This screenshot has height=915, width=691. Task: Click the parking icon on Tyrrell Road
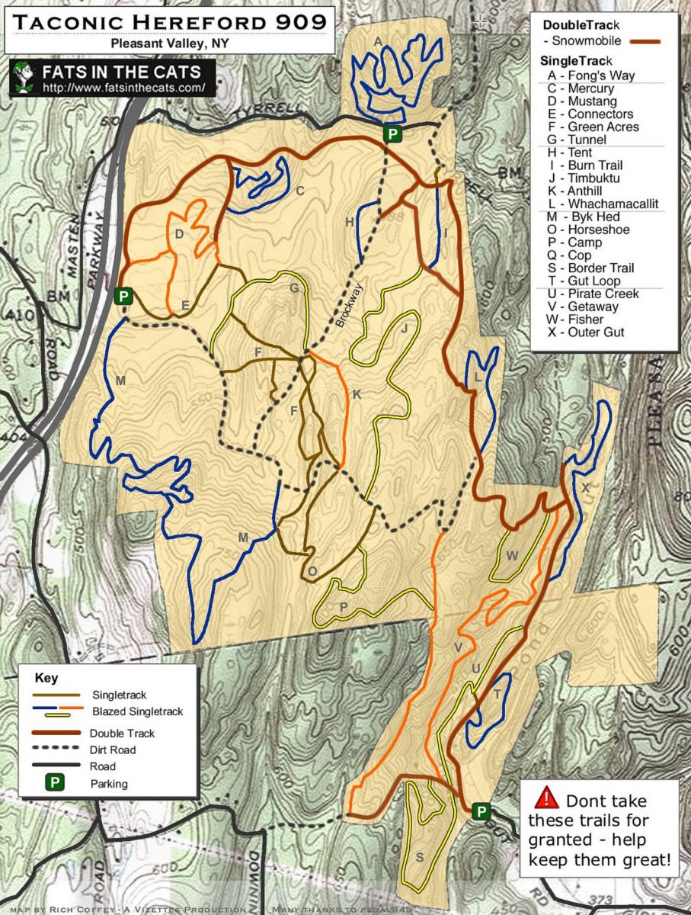392,135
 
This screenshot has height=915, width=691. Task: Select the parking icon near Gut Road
481,811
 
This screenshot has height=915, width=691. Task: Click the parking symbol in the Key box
55,782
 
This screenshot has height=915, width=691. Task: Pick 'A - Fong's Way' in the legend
590,75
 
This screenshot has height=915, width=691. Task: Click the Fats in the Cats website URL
124,88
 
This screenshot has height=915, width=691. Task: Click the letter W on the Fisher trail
512,556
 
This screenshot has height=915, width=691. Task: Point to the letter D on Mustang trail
179,234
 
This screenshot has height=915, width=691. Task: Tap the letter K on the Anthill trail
356,393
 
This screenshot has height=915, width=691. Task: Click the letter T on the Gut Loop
497,694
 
